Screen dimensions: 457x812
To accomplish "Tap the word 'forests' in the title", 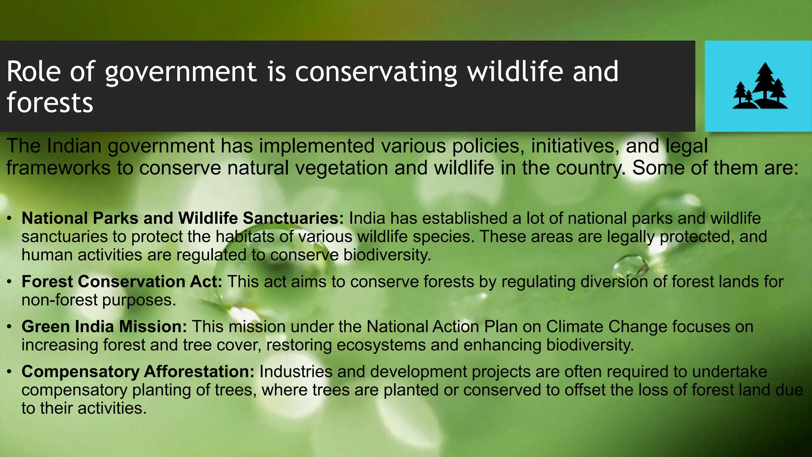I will pos(50,102).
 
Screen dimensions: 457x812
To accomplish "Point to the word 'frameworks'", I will pos(58,168).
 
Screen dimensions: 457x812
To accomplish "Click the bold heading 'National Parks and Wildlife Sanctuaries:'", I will pos(182,218).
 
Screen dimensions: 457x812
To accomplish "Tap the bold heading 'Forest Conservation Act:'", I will pos(122,282).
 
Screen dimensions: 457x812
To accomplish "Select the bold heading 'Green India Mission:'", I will pos(104,326).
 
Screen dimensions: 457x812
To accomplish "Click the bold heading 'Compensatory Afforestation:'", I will pos(138,372).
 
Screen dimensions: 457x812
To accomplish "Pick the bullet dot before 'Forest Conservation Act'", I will pos(9,282).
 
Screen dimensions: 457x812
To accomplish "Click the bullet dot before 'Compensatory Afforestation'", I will pos(9,372).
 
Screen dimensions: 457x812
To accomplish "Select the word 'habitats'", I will pos(245,236).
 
